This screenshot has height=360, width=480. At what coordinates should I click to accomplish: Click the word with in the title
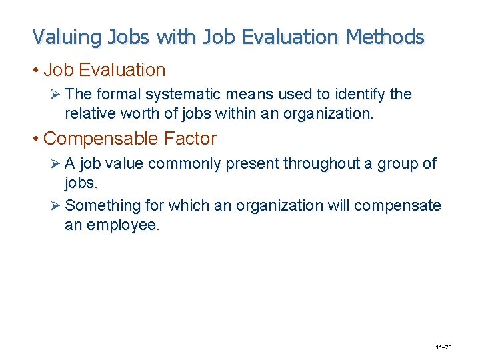tap(171, 37)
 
